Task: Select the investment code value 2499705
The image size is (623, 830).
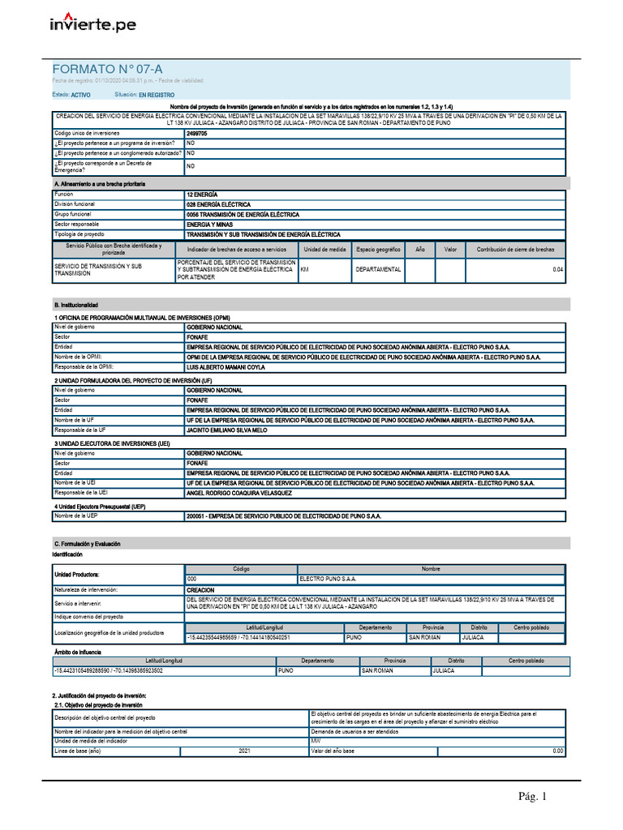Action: [197, 132]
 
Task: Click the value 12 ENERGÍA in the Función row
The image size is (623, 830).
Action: [202, 195]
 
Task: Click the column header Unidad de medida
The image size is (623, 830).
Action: [324, 250]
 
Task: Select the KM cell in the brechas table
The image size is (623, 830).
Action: [306, 269]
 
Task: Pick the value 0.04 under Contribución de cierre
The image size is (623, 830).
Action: [557, 269]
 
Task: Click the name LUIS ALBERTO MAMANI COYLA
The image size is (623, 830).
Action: [226, 366]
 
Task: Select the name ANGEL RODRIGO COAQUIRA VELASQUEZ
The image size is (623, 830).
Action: [238, 493]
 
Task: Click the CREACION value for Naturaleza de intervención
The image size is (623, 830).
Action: [200, 591]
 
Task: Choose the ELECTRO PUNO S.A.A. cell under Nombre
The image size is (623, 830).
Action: [328, 580]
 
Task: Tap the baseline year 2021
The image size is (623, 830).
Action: [244, 751]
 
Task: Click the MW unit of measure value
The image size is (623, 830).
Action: [316, 742]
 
